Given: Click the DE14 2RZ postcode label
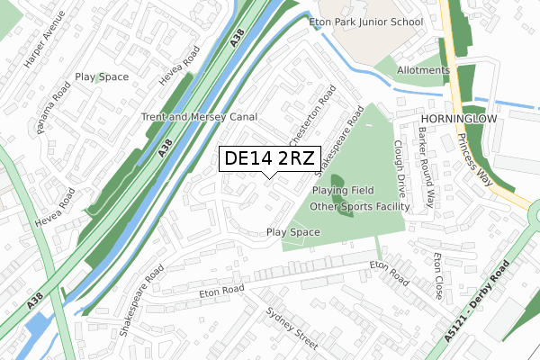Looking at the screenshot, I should pos(269,158).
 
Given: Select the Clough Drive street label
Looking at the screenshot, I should pos(400,167).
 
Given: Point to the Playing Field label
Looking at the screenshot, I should pos(344,191).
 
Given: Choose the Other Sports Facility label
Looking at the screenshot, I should pos(359,207).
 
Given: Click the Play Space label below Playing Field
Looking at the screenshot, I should pos(293,232).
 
